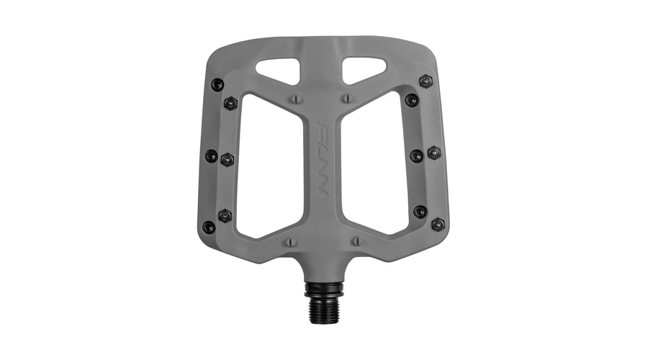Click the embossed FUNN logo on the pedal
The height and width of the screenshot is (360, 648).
(323, 159)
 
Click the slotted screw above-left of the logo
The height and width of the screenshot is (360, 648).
(296, 99)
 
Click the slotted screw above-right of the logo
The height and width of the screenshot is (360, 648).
(348, 99)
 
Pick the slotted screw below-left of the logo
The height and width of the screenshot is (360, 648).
(291, 241)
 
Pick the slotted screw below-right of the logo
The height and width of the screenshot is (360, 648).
(356, 240)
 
